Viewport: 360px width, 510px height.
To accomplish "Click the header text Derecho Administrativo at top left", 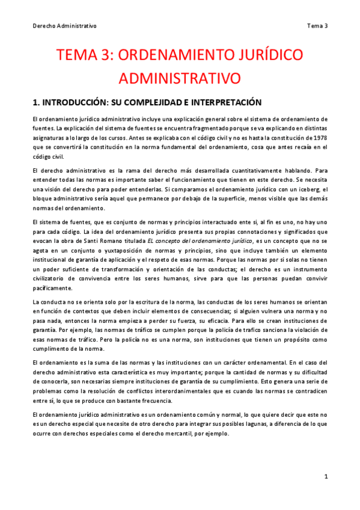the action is (x=64, y=26).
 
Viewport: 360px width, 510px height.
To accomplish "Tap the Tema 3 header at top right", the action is (x=317, y=26).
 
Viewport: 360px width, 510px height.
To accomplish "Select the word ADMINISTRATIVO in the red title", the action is (x=180, y=78).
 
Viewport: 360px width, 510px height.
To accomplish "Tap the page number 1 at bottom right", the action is (x=325, y=477).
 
